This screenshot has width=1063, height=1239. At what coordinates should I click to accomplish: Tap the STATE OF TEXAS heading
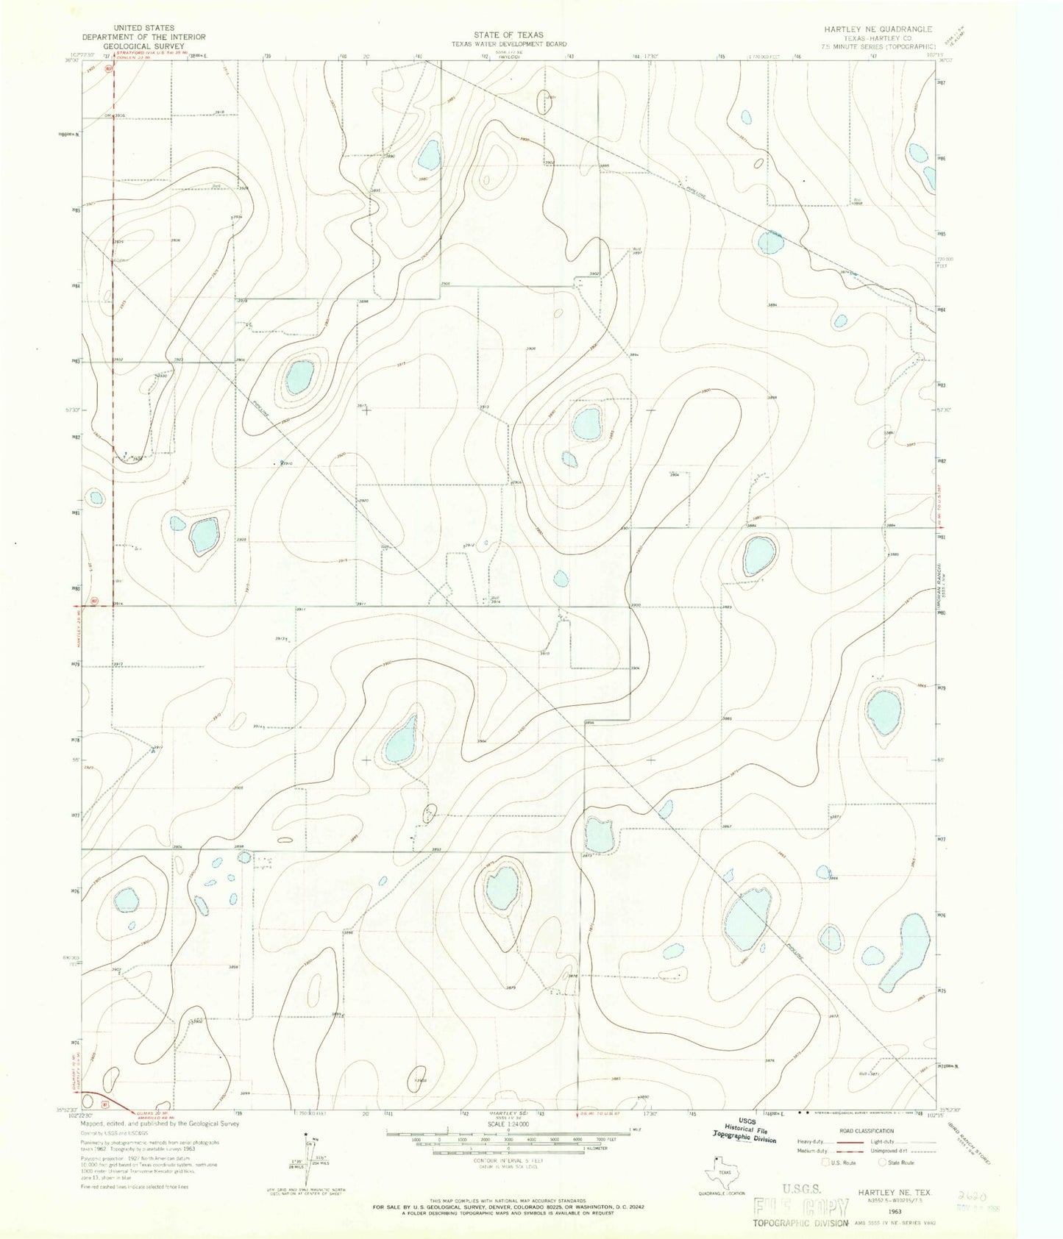(508, 35)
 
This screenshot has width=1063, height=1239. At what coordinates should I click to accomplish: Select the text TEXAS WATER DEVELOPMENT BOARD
(508, 43)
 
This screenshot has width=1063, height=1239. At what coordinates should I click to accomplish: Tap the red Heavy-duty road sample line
(838, 1142)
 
